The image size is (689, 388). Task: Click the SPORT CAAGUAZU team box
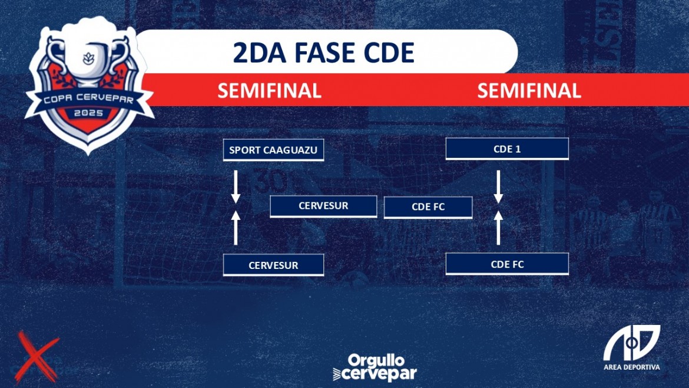[273, 150]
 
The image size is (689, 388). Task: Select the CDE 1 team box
[507, 149]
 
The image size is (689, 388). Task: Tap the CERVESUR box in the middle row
[323, 206]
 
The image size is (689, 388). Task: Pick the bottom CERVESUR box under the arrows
[273, 265]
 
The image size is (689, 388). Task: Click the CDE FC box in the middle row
[428, 207]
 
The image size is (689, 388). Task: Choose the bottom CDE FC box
[507, 264]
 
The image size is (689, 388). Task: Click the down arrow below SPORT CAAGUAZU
[236, 187]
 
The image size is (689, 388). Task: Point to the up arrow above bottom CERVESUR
[236, 228]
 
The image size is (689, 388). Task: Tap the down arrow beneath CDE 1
[498, 187]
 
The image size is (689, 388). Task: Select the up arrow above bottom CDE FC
[498, 228]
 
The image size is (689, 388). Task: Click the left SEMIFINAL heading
[269, 91]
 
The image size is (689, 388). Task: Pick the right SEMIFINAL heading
[529, 91]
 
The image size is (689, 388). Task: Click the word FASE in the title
[324, 52]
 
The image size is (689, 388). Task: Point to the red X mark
[37, 357]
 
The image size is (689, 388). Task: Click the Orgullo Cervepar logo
[375, 367]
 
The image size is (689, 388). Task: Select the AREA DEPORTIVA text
[631, 367]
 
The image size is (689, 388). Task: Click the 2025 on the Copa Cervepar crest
[88, 113]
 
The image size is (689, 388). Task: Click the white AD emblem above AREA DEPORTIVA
[631, 343]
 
